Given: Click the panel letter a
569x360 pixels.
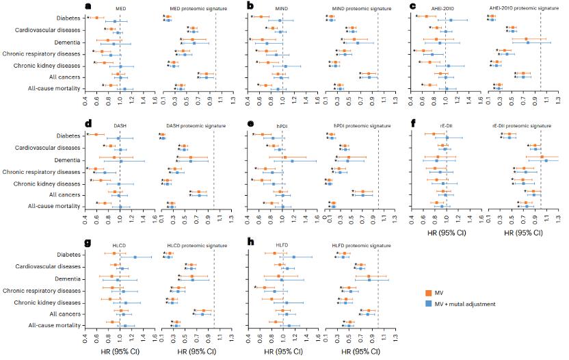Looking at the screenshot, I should coord(88,6).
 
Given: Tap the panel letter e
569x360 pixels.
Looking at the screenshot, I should coord(251,124).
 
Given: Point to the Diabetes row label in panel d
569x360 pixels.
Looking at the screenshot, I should coord(68,136).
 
